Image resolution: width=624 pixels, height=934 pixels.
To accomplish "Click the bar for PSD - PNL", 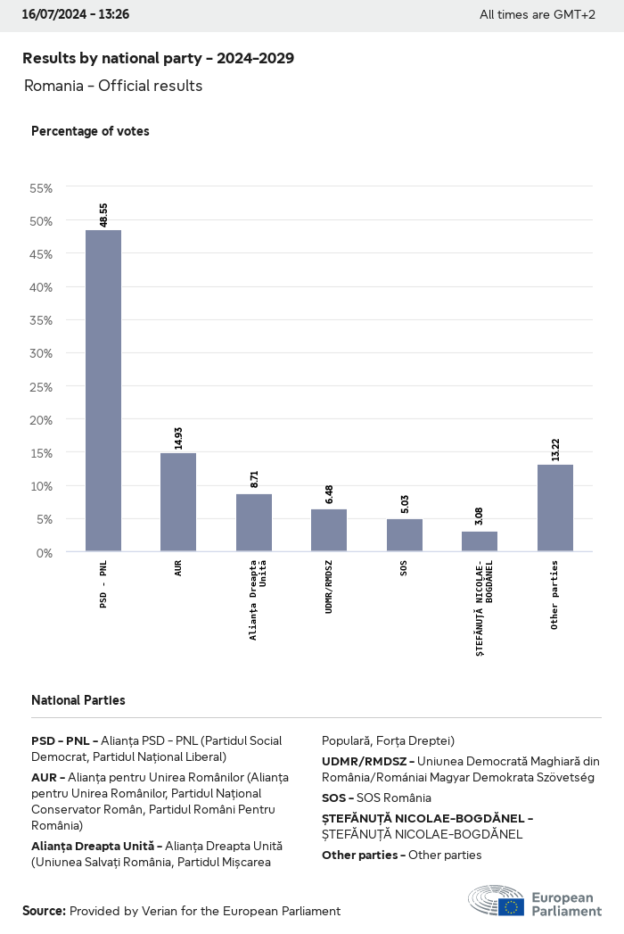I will click(x=103, y=391).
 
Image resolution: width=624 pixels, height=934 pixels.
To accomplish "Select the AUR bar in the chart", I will click(x=178, y=502).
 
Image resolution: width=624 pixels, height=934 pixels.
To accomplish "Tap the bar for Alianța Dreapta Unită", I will click(x=254, y=523).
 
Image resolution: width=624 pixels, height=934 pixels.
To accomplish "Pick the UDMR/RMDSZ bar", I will click(x=329, y=530).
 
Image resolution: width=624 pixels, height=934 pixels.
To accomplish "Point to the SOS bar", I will click(x=405, y=535).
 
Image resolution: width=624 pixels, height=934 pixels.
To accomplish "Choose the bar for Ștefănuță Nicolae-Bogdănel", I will click(x=480, y=541).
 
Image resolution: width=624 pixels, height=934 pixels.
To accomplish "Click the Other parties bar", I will click(x=555, y=508).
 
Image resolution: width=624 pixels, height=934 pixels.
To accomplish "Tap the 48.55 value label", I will click(x=104, y=214).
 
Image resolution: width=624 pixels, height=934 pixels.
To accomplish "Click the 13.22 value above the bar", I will click(x=555, y=448).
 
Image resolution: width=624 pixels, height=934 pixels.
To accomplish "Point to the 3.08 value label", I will click(x=480, y=516).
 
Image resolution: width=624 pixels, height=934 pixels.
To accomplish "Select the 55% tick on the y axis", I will click(x=42, y=188).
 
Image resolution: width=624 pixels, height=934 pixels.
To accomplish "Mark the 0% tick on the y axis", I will click(x=45, y=552).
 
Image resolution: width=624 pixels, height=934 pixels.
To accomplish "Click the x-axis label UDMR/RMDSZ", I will click(x=329, y=590).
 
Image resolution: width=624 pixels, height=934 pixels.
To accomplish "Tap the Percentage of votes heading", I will click(x=90, y=131).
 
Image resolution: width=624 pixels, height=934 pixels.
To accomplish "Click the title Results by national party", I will click(x=158, y=58).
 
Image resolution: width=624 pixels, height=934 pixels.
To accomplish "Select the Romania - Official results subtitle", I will click(x=113, y=86).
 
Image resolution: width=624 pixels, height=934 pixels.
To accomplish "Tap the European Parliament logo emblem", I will click(x=497, y=901).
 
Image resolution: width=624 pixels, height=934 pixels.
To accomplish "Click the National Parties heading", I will click(x=78, y=700).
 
